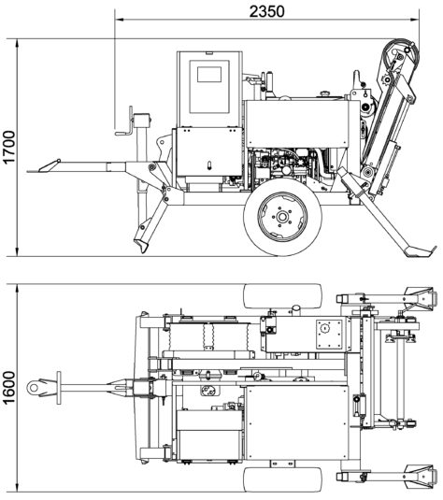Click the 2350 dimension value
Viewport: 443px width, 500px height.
click(x=266, y=11)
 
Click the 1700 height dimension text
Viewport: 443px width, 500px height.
click(x=9, y=147)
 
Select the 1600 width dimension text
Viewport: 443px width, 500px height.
click(x=9, y=388)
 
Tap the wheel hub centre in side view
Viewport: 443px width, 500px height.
click(x=282, y=217)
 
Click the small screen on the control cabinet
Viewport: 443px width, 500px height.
click(x=209, y=74)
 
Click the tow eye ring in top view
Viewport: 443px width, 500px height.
click(x=33, y=388)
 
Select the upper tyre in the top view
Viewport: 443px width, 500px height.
click(x=282, y=296)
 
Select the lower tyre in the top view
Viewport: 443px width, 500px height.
click(x=282, y=480)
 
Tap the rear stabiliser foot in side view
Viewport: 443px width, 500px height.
click(x=419, y=251)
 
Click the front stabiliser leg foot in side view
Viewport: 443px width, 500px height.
click(x=140, y=245)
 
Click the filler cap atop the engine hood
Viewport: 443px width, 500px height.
click(x=324, y=93)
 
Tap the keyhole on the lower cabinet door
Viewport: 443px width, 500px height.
click(x=209, y=165)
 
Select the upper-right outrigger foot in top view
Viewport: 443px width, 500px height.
click(x=420, y=297)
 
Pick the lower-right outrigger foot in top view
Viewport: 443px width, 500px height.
click(x=420, y=476)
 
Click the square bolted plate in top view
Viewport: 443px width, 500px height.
click(x=329, y=335)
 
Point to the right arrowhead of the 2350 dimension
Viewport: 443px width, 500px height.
click(x=415, y=20)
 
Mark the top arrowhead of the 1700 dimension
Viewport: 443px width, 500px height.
click(x=17, y=44)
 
